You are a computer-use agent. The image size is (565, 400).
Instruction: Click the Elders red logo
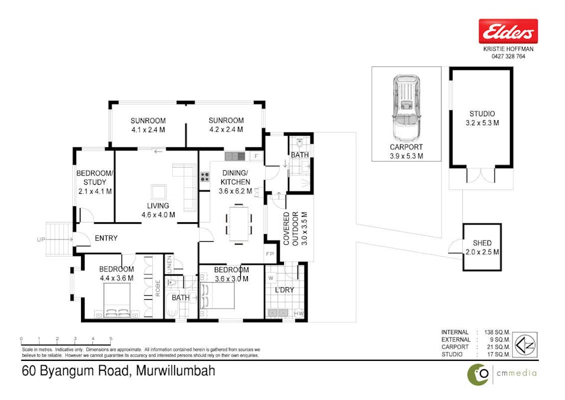[508, 31]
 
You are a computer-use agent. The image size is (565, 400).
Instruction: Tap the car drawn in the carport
[405, 107]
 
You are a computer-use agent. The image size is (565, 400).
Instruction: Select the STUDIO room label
[482, 114]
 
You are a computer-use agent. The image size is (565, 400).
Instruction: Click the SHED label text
[482, 243]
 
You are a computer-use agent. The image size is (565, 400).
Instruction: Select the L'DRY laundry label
[285, 290]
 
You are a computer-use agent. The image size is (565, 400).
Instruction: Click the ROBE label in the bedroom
[158, 287]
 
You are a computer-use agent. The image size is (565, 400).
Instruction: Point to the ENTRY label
[106, 238]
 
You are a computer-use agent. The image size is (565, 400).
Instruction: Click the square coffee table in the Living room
[159, 192]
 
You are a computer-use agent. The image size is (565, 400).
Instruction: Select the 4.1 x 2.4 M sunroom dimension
[147, 130]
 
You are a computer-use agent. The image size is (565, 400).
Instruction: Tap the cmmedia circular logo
[478, 374]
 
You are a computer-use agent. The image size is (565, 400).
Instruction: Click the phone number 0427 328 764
[508, 56]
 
